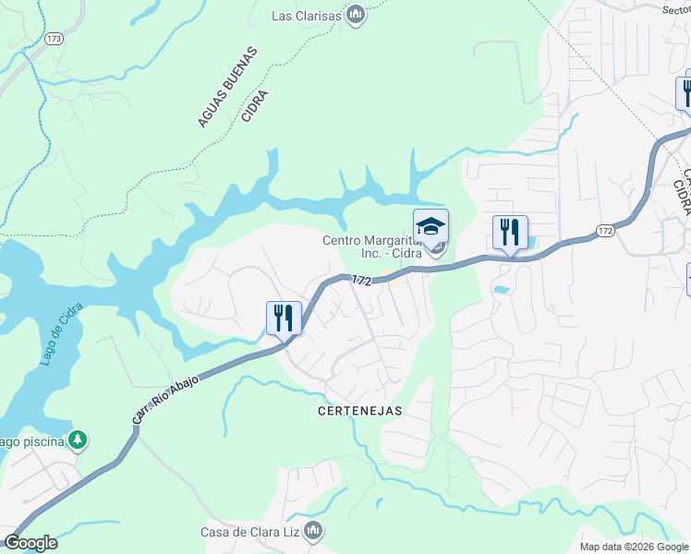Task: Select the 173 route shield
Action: (x=53, y=40)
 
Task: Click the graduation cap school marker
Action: (x=430, y=226)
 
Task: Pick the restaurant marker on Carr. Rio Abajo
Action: (x=285, y=319)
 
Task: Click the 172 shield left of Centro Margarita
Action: (x=361, y=280)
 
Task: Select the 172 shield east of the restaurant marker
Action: (x=604, y=230)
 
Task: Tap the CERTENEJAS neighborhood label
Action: (x=360, y=411)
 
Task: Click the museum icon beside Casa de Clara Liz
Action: (x=313, y=530)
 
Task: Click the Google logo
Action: (x=30, y=543)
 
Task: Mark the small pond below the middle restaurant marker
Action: (x=502, y=289)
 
